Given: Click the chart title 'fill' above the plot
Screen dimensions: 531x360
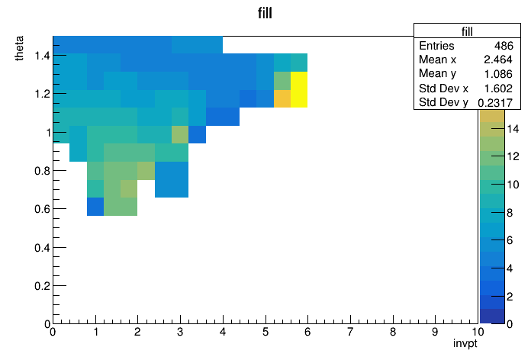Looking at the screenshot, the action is coord(265,13).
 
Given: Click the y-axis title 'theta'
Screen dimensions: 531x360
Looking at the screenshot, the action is coord(20,48).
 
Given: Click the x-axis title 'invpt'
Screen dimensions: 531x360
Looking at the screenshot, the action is coord(465,343).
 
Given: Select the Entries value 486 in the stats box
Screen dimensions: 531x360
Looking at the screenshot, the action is coord(504,46).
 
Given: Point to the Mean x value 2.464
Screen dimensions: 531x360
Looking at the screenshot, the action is coord(497,59).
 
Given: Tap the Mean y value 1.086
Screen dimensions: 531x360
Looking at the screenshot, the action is coord(497,74).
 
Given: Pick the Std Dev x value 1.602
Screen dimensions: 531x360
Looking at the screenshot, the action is coord(497,88).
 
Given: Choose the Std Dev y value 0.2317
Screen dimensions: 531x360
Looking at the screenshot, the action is coord(495,102).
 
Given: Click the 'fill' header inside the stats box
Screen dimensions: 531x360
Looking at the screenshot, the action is coord(467,31).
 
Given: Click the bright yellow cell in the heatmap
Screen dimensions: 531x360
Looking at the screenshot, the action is coord(299,89).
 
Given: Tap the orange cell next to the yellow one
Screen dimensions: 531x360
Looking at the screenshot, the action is coord(282,98).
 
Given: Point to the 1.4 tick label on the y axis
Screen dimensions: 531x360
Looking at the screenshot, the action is coord(42,55).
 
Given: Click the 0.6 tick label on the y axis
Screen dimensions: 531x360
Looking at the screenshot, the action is coord(42,209).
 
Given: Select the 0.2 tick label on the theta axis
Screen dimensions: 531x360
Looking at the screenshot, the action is coord(42,286).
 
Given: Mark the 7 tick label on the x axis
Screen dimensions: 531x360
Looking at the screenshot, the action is coord(350,332).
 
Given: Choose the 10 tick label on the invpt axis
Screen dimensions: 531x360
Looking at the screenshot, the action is coord(477,332).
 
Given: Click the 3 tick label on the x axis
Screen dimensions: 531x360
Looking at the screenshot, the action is coord(180,332).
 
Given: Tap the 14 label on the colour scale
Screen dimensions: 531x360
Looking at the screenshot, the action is coord(513,129).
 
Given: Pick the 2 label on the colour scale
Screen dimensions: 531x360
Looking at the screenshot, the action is coord(510,297).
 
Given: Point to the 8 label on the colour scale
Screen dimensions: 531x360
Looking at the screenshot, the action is coord(510,213).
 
